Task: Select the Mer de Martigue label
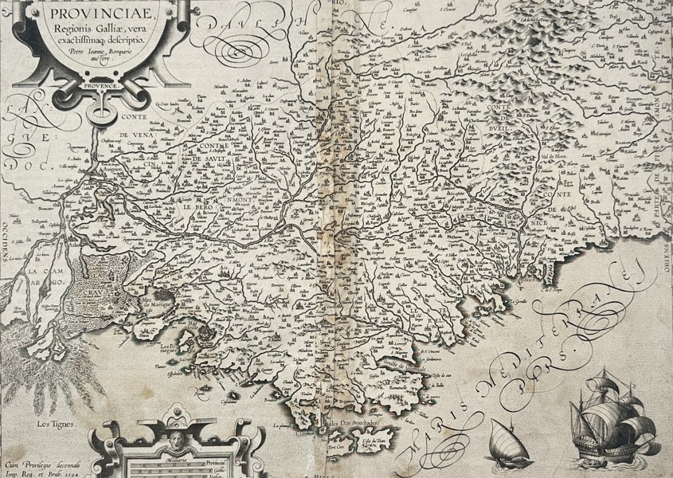point(158,304)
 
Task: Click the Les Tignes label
point(54,425)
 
